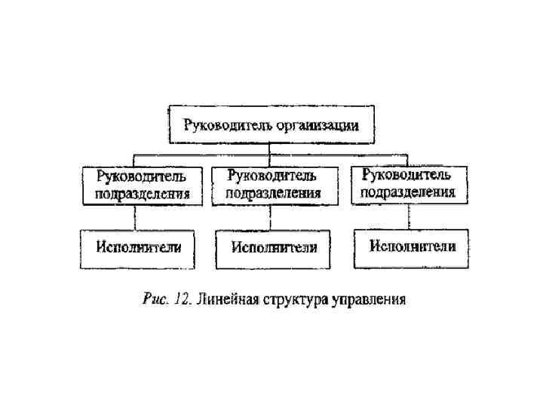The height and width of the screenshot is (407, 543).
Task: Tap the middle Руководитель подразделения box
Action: [274, 185]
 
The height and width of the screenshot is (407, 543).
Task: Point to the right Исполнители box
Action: [411, 247]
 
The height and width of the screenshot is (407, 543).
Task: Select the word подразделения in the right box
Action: [408, 193]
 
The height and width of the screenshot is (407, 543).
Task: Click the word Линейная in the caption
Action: [227, 300]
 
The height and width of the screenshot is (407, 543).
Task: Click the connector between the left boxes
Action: [135, 218]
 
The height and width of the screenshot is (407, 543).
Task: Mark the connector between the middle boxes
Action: [270, 218]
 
